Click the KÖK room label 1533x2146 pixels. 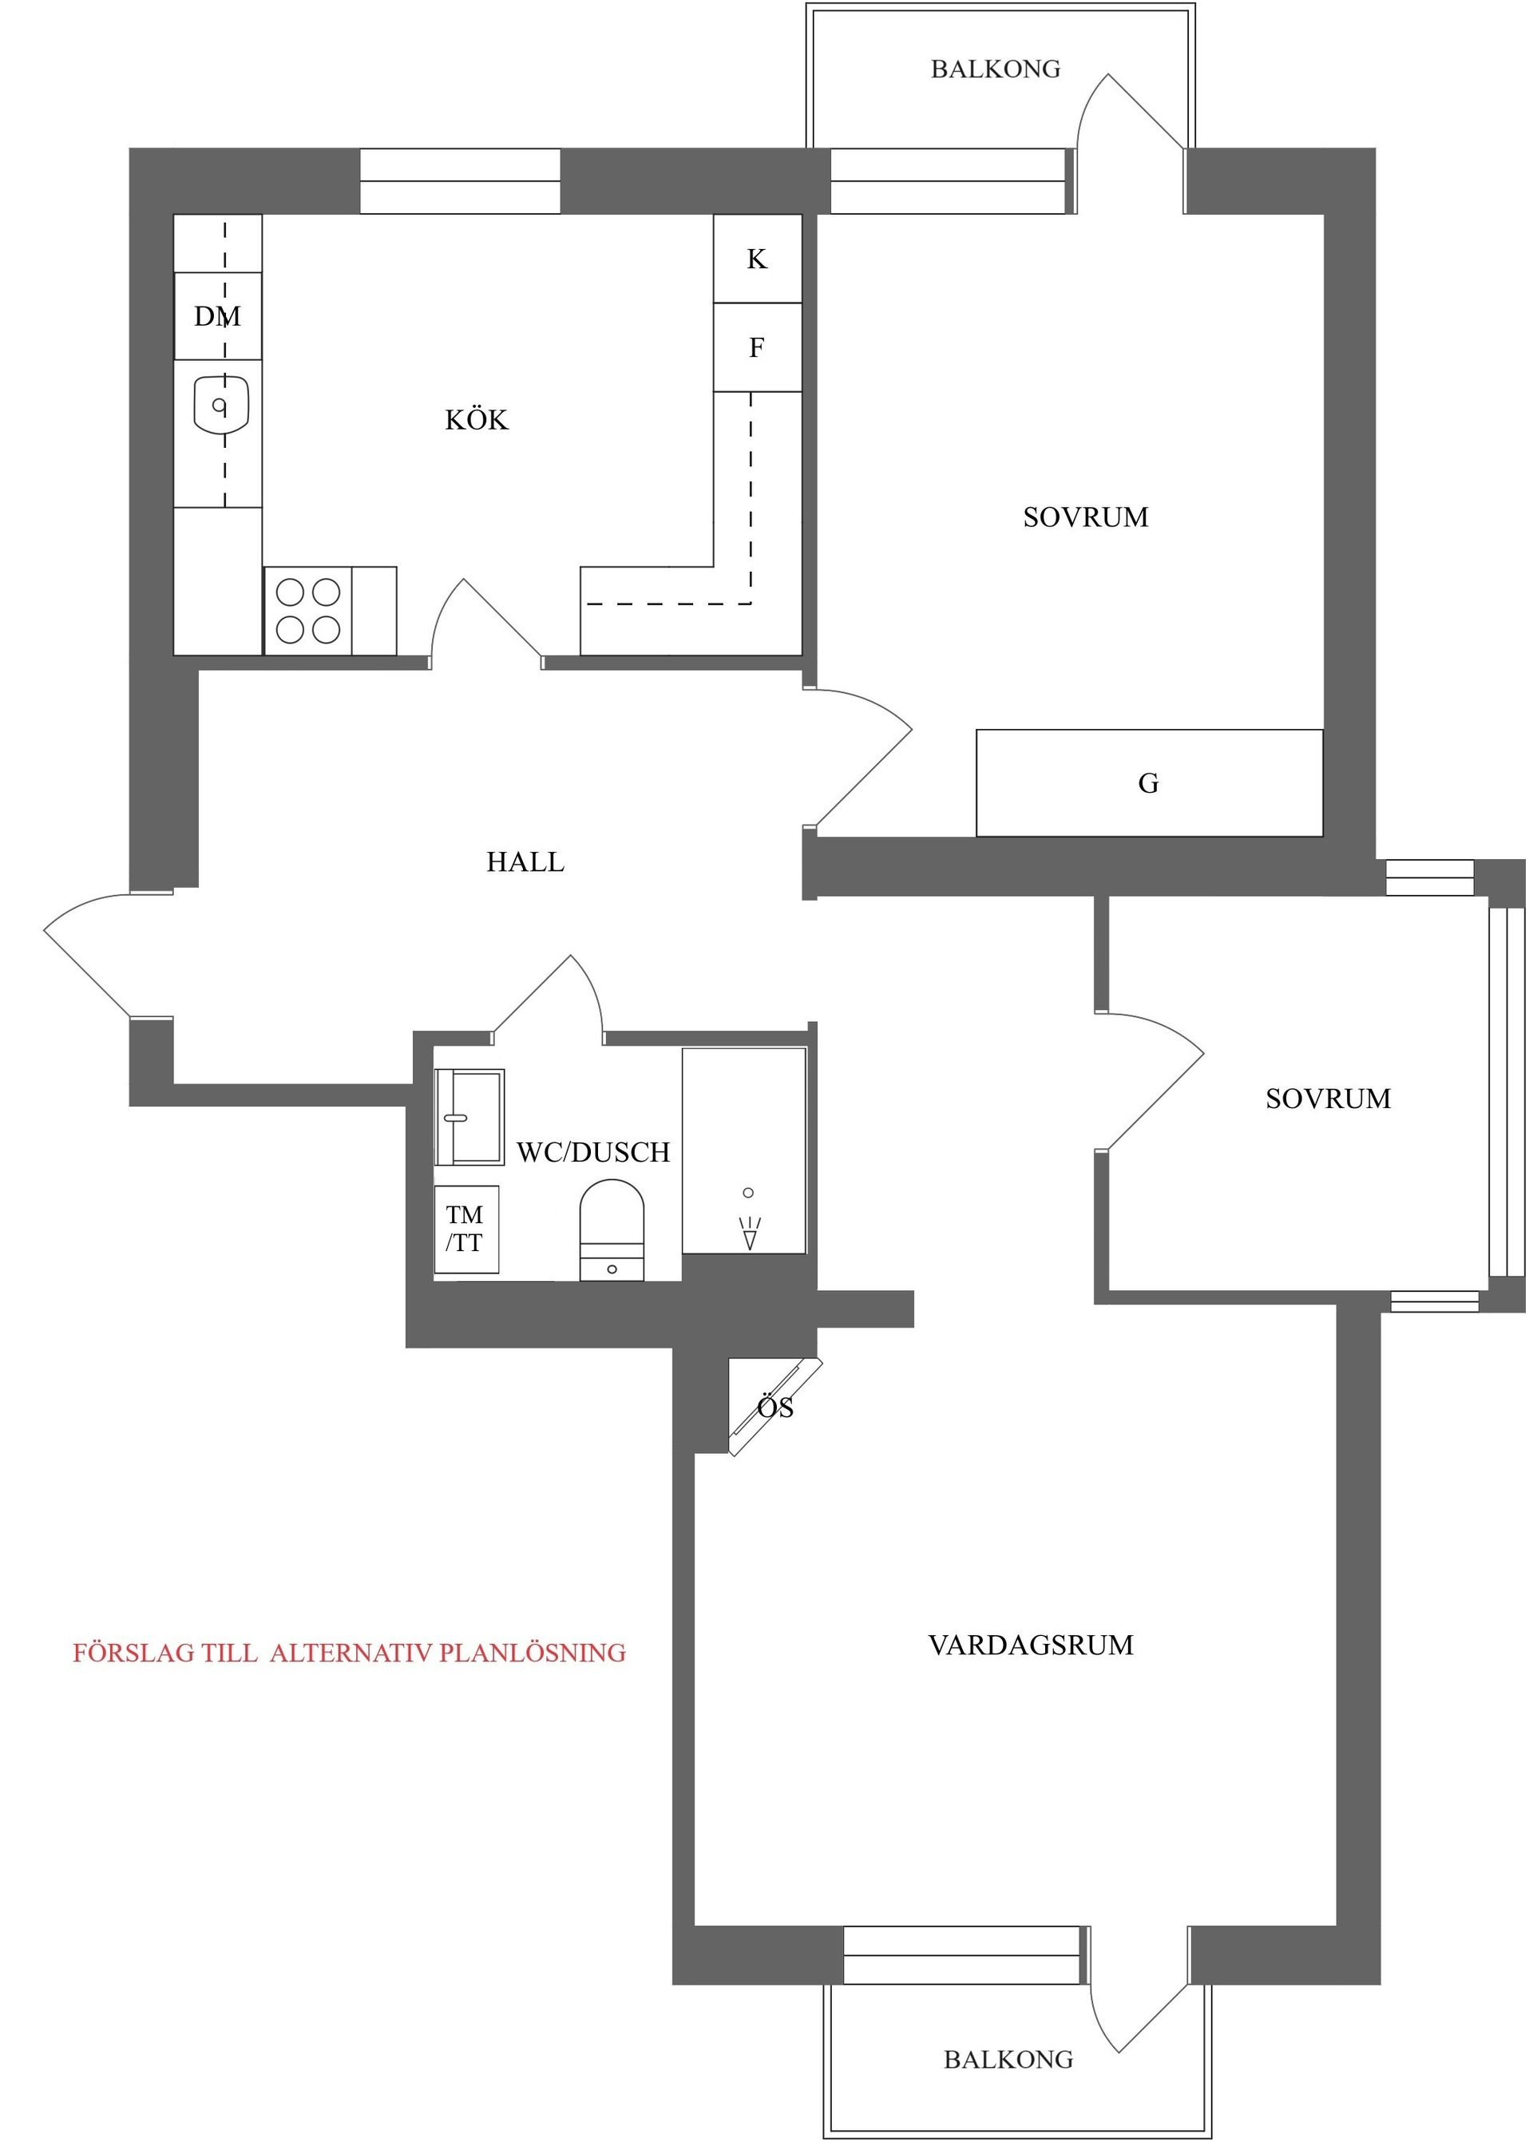(x=476, y=420)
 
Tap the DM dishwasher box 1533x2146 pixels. (x=218, y=316)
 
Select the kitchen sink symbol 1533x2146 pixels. (x=221, y=406)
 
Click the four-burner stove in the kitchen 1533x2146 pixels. (x=307, y=611)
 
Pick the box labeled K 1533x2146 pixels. (x=757, y=259)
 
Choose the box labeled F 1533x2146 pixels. (x=757, y=347)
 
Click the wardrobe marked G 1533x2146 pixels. (x=1149, y=783)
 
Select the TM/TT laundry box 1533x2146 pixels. (x=465, y=1229)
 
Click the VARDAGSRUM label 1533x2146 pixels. (x=1031, y=1645)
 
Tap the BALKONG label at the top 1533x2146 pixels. (x=995, y=69)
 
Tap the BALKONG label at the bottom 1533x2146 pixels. (x=1008, y=2059)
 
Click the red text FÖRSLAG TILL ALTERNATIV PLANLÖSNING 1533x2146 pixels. (x=349, y=1653)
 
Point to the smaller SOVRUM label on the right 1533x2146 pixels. (x=1327, y=1099)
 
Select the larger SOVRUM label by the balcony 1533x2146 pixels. (x=1086, y=517)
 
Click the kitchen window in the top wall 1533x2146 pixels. (x=460, y=181)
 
